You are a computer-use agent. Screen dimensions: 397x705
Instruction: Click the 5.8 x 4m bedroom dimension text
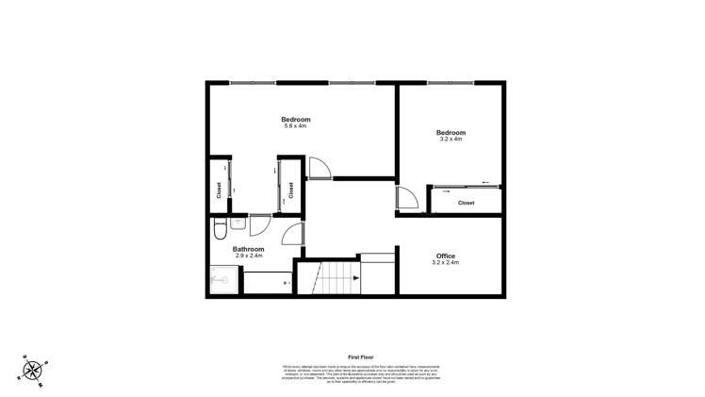(x=295, y=127)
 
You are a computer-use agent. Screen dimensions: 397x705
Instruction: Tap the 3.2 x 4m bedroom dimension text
(x=451, y=141)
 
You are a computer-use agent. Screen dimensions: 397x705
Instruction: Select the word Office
(x=446, y=256)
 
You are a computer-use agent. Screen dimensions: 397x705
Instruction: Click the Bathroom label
(x=249, y=249)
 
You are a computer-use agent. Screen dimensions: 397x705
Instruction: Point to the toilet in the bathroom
(x=218, y=229)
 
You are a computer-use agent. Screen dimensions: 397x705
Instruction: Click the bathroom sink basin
(x=237, y=224)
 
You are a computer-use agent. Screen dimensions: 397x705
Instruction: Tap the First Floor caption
(x=362, y=357)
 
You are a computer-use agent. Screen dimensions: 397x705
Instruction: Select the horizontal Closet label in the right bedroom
(x=466, y=203)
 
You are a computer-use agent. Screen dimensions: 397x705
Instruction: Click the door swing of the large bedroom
(x=319, y=167)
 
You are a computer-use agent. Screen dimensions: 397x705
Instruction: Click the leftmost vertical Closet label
(x=219, y=190)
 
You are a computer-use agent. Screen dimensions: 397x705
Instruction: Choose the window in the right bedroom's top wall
(x=450, y=83)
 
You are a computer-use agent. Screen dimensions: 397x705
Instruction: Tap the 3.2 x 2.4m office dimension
(x=446, y=263)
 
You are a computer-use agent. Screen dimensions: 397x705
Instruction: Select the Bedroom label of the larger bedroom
(x=295, y=120)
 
